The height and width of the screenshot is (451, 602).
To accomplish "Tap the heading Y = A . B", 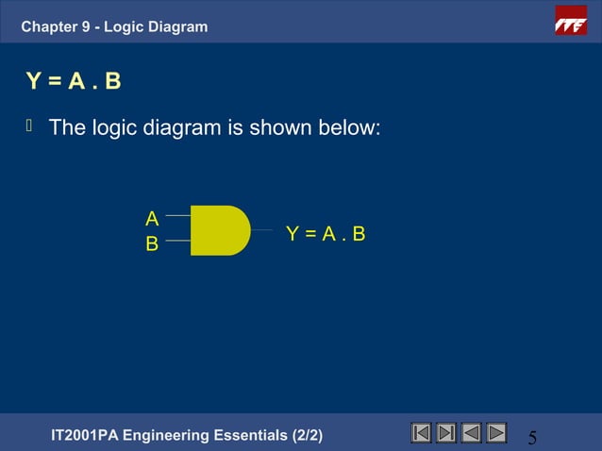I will tap(74, 81).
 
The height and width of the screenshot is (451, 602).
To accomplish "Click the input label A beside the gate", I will tap(151, 219).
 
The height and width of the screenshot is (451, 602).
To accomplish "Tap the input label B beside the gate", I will tap(151, 244).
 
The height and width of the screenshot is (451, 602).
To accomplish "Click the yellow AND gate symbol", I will tap(219, 230).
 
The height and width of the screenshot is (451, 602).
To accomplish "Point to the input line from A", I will tap(177, 217).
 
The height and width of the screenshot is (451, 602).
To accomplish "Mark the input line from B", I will tap(177, 242).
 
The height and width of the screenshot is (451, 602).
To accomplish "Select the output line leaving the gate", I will tap(262, 230).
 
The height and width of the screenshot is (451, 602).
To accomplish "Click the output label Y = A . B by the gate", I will tap(326, 233).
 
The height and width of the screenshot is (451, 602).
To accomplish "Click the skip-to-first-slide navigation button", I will tap(422, 432).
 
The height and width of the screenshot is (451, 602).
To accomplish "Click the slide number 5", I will tap(532, 438).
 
